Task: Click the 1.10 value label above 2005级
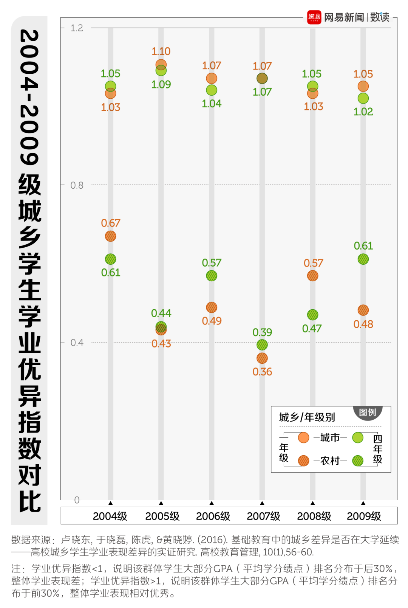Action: (x=161, y=51)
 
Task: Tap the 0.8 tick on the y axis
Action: (x=77, y=185)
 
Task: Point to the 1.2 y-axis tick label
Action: (x=77, y=28)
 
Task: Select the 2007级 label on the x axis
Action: (x=263, y=516)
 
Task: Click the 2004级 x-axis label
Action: (x=110, y=516)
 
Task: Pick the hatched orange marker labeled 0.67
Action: (x=110, y=236)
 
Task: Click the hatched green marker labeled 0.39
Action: (x=262, y=345)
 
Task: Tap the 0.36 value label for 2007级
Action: (x=262, y=372)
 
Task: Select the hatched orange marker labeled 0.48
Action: (x=363, y=310)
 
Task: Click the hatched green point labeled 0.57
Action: (x=212, y=276)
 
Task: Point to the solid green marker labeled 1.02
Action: (x=363, y=98)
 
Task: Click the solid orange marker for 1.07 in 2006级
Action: (x=212, y=78)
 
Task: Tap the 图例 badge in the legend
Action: (x=368, y=412)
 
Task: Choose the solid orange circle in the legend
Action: (x=303, y=437)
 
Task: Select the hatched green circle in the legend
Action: (x=357, y=461)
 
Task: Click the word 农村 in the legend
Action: (x=330, y=461)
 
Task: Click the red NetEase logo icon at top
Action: (x=314, y=17)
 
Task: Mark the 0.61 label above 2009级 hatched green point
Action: (x=363, y=246)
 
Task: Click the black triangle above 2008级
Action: (x=312, y=503)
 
